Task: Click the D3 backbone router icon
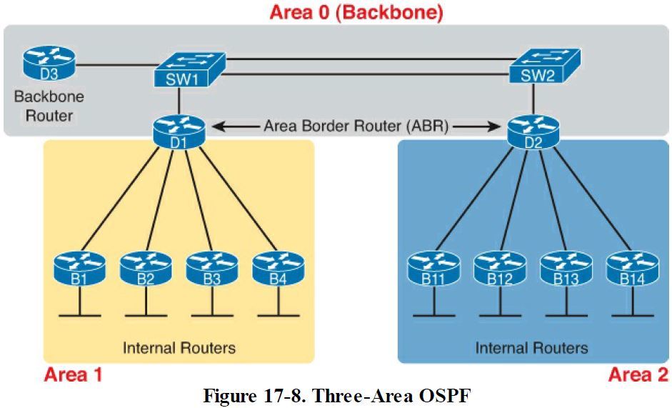coord(49,63)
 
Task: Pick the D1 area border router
coord(179,129)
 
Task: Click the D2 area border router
coord(533,129)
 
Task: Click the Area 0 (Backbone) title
coord(356,12)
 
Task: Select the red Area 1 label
coord(74,374)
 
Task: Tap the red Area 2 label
coord(638,374)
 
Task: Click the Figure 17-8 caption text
coord(338,395)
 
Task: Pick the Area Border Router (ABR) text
coord(356,126)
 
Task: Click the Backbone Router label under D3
coord(49,106)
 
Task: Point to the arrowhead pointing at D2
coord(493,126)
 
